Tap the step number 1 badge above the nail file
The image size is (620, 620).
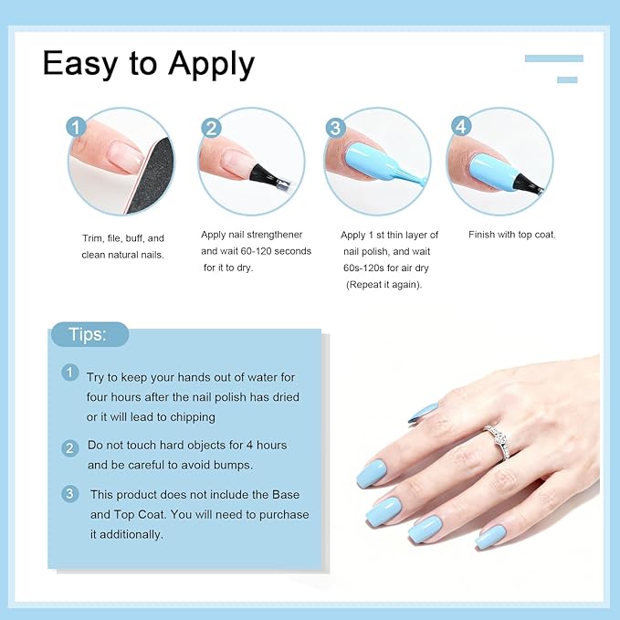coord(77,127)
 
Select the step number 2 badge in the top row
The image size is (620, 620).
coord(211,127)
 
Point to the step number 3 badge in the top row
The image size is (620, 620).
coord(335,128)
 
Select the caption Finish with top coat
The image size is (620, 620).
coord(512,235)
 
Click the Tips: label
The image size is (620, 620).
coord(88,335)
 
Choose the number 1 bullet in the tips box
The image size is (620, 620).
coord(70,373)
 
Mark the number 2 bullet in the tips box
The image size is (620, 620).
coord(70,447)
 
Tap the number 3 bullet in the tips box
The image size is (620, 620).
coord(70,494)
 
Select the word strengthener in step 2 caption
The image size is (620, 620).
coord(272,235)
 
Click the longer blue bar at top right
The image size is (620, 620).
coord(553,58)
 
